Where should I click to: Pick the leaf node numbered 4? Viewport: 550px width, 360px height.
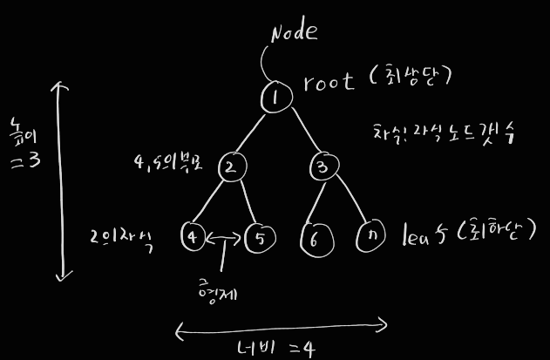[x=193, y=236]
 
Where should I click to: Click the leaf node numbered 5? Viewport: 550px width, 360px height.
[x=259, y=237]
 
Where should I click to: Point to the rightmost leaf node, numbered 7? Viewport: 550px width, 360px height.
[x=371, y=235]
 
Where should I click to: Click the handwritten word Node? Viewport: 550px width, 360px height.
[x=294, y=33]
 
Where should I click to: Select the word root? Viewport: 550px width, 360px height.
[x=329, y=83]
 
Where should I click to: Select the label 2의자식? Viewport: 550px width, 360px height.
[x=121, y=239]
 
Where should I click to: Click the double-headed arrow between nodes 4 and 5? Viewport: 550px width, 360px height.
[x=225, y=236]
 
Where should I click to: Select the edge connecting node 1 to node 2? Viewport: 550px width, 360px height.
[x=253, y=132]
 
